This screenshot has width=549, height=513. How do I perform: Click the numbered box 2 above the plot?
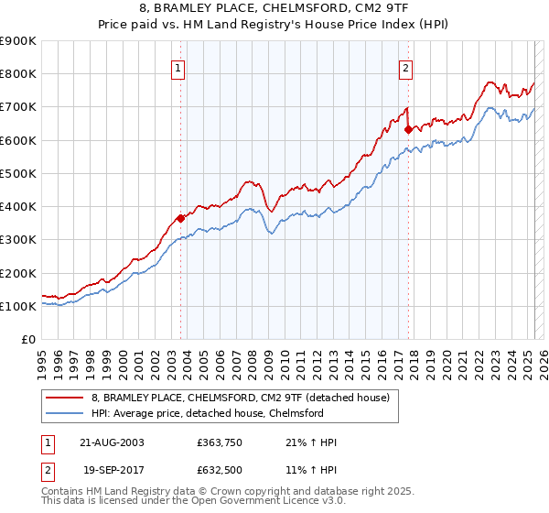click(x=404, y=67)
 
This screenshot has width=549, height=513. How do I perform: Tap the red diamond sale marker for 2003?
click(x=181, y=218)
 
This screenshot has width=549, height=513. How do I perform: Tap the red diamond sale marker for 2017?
click(x=408, y=129)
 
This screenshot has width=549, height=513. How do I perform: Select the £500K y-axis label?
click(x=18, y=173)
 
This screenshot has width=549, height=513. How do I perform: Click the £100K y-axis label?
click(x=18, y=306)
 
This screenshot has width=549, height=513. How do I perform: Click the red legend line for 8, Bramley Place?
click(x=64, y=398)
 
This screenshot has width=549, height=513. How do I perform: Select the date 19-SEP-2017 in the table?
click(x=113, y=470)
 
